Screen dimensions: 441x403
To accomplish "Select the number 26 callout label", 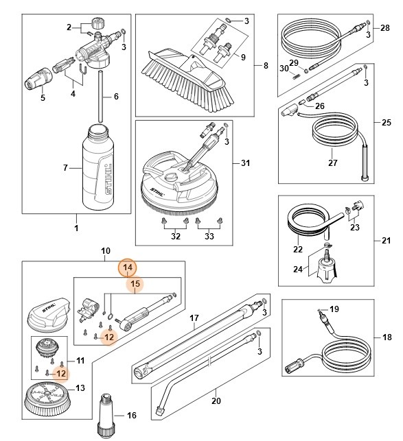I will point(319,106).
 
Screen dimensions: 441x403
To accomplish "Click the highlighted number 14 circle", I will point(127,267).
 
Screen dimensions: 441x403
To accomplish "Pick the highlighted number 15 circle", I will point(135,283).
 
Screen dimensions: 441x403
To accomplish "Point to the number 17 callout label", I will point(194,318).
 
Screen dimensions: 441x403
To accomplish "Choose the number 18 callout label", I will point(387,337).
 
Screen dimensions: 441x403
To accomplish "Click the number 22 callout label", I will point(299,249).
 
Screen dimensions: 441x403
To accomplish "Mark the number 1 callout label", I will point(76,227).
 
